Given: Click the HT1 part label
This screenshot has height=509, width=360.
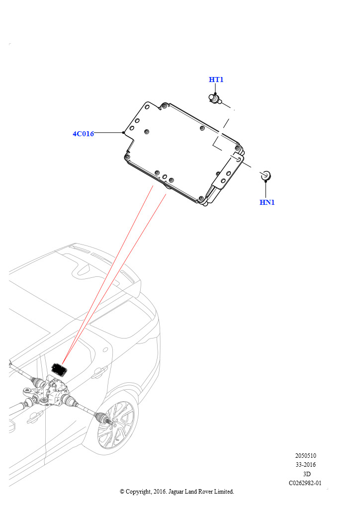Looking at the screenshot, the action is tap(216, 80).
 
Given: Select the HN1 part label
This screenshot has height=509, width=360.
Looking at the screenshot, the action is tap(267, 202).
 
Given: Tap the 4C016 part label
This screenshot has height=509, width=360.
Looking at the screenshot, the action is tap(83, 133).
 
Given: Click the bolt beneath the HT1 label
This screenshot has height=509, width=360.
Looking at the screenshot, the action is tap(214, 99).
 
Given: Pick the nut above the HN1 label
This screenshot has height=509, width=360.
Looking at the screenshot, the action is tap(266, 175).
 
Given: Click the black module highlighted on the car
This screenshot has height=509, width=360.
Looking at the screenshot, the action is tap(59, 369).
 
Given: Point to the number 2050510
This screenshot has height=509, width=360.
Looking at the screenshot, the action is tap(305, 455).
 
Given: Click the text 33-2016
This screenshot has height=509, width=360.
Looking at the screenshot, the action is tap(305, 465).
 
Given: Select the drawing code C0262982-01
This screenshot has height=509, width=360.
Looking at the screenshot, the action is tap(305, 483).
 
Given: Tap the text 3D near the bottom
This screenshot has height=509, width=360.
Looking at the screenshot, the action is tap(306, 474).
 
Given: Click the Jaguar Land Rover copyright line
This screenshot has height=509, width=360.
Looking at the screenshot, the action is tap(177, 492).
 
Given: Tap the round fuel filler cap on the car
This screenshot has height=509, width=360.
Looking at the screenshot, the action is tap(105, 349).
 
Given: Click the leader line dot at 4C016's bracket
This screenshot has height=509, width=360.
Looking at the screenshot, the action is tap(123, 132).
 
